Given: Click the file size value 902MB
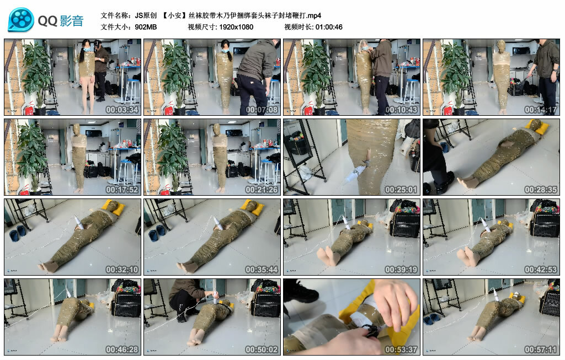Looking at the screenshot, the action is click(x=146, y=27).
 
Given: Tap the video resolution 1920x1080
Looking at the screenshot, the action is click(x=236, y=27).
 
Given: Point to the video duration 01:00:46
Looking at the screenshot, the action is click(x=329, y=27).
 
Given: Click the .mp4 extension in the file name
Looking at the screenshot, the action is click(x=314, y=15).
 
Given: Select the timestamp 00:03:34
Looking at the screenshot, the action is click(x=122, y=110).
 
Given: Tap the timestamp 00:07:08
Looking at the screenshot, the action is click(x=262, y=110).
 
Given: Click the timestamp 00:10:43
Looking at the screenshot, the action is click(x=401, y=110).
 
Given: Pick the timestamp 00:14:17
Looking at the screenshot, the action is click(x=541, y=110).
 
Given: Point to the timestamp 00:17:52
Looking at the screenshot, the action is click(x=122, y=189).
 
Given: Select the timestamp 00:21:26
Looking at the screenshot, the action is click(x=262, y=189).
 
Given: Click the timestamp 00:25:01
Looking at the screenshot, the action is click(x=401, y=189).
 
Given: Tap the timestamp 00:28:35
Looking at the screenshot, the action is click(x=541, y=189).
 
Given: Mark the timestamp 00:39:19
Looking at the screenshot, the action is click(x=401, y=269).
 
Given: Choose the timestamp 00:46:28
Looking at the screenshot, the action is click(x=122, y=349).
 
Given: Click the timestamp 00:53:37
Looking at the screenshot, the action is click(x=401, y=349).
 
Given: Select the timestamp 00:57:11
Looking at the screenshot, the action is click(x=541, y=349).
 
